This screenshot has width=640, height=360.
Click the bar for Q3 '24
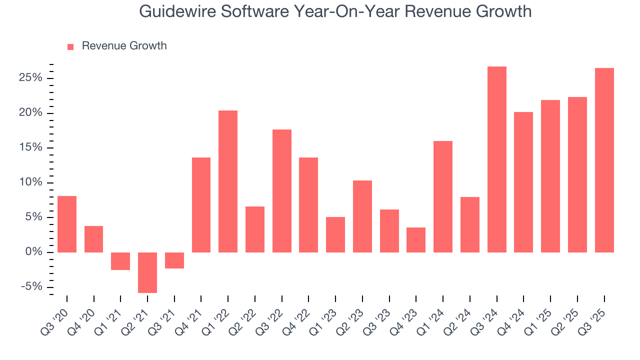(x=497, y=159)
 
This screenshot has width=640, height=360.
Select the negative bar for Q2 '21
(x=147, y=272)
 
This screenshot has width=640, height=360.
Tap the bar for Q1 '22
(x=228, y=181)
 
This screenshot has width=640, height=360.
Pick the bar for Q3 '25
(x=604, y=160)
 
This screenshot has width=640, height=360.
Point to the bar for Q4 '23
(x=416, y=240)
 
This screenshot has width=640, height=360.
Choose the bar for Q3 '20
(x=67, y=224)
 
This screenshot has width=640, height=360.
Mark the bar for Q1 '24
(x=443, y=196)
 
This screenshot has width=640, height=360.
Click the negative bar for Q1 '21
(x=120, y=261)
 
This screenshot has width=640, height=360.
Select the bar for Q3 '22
(x=282, y=191)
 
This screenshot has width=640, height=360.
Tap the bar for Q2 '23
(x=362, y=216)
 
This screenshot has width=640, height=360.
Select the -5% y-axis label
(x=31, y=287)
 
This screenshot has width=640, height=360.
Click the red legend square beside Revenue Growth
(x=70, y=46)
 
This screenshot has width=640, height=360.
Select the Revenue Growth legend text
(x=124, y=46)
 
